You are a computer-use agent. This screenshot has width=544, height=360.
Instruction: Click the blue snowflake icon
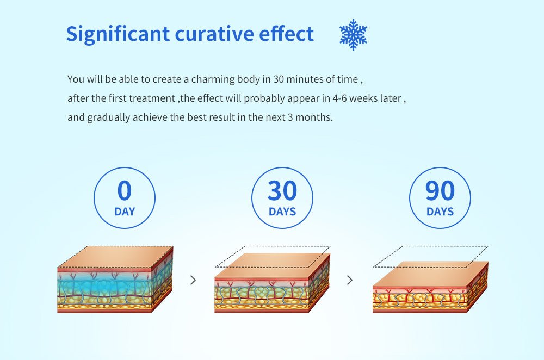(x=353, y=34)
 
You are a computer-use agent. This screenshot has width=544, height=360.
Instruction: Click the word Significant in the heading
(x=118, y=35)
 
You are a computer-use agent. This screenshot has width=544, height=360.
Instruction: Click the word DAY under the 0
(x=125, y=212)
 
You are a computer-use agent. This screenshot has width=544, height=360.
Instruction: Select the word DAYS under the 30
(x=282, y=212)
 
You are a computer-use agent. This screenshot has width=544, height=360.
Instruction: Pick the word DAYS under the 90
(x=440, y=212)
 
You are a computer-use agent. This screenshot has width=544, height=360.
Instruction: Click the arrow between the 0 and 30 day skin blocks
(x=193, y=280)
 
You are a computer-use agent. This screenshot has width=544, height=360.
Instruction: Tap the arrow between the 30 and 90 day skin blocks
(x=350, y=280)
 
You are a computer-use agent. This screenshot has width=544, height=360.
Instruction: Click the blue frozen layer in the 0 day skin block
(x=104, y=287)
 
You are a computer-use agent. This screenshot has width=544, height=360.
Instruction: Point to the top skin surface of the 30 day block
(x=273, y=265)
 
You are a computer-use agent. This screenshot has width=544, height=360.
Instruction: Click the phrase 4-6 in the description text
(x=339, y=98)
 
